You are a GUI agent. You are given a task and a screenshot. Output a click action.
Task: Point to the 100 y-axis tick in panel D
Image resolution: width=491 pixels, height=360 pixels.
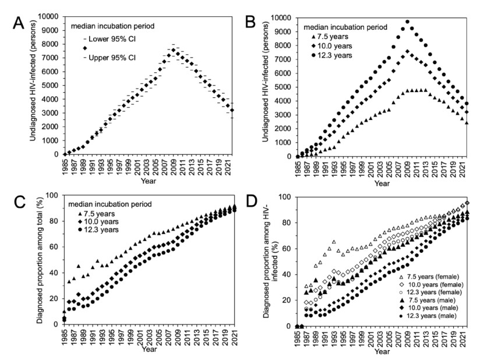(285, 197)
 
